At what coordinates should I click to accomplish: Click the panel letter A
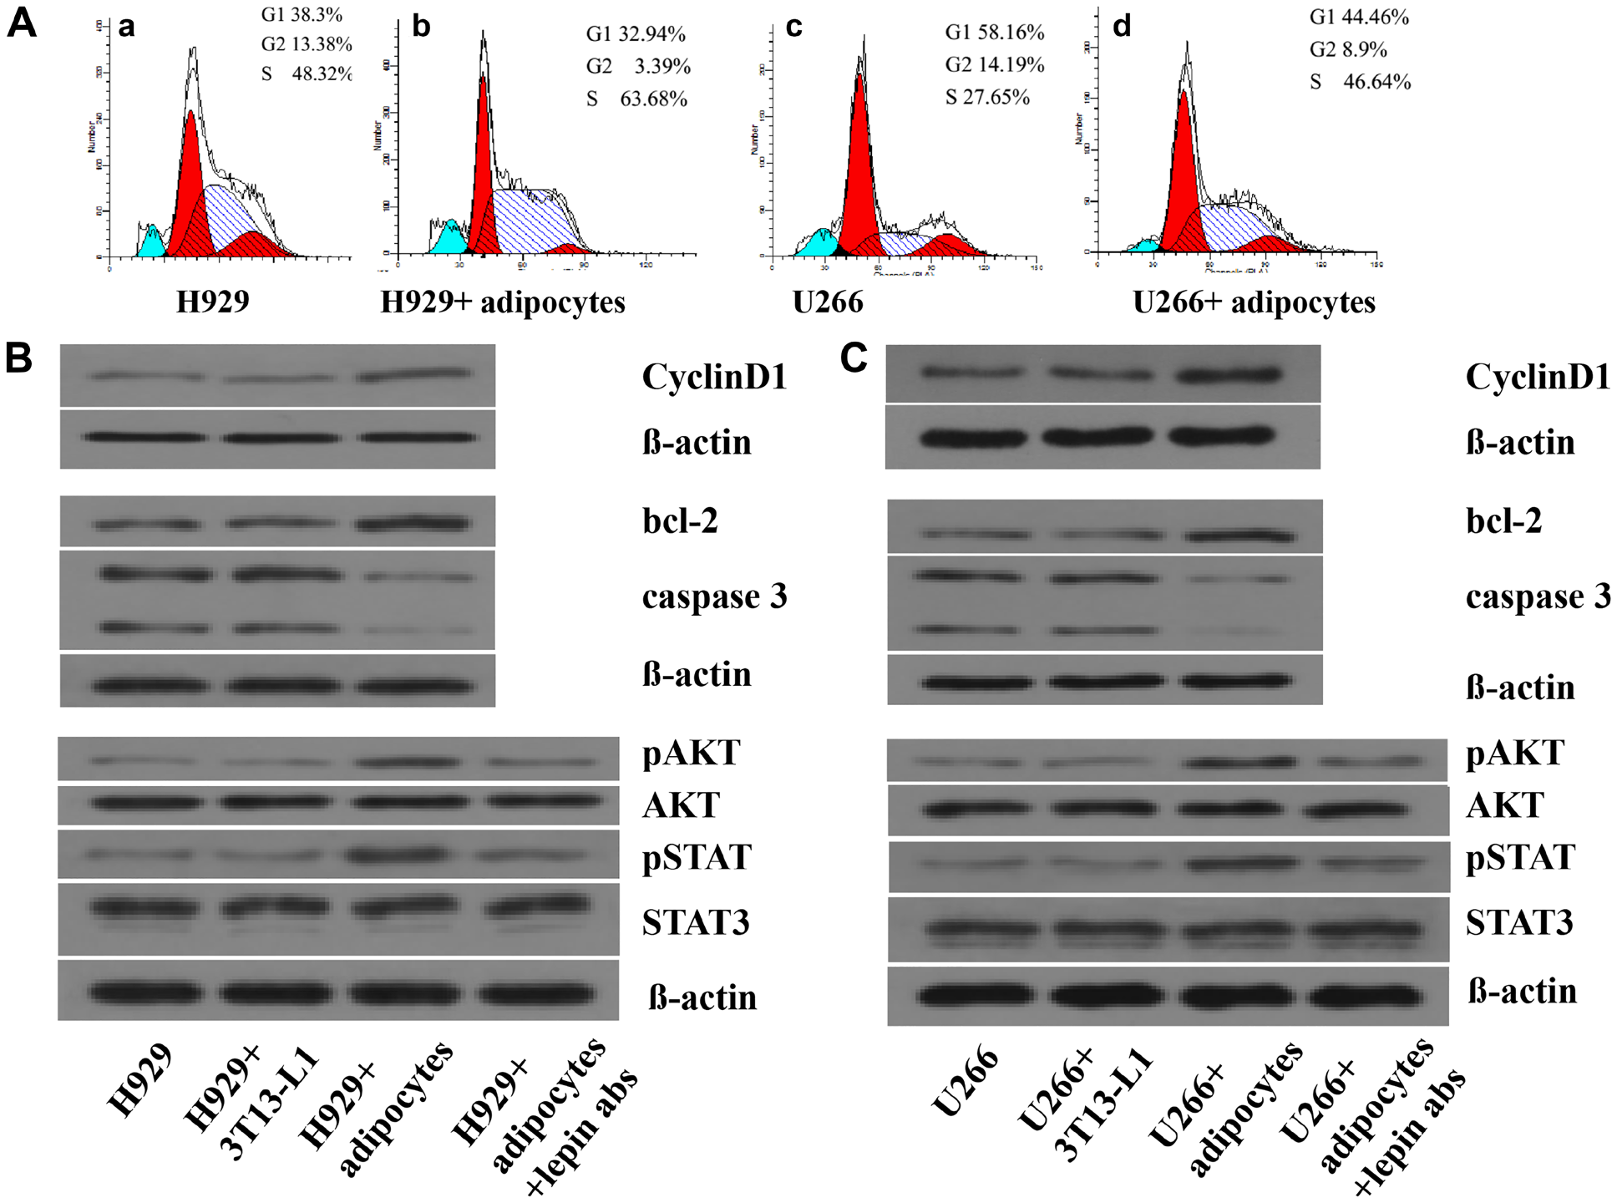22,22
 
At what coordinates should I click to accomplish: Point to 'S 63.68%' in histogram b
636,99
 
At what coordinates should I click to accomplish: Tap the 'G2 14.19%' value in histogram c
995,64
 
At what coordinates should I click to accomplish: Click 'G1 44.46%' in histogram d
1359,17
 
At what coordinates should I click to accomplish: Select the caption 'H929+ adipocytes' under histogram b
503,302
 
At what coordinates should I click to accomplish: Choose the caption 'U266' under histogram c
828,302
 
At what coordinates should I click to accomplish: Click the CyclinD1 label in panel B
714,377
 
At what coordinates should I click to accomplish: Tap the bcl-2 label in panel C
1503,520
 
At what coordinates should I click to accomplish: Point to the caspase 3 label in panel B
714,596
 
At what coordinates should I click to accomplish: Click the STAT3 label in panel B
696,922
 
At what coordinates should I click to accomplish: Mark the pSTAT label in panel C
1520,858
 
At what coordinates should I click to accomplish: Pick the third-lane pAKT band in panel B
405,762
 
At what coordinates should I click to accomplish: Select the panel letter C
854,358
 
